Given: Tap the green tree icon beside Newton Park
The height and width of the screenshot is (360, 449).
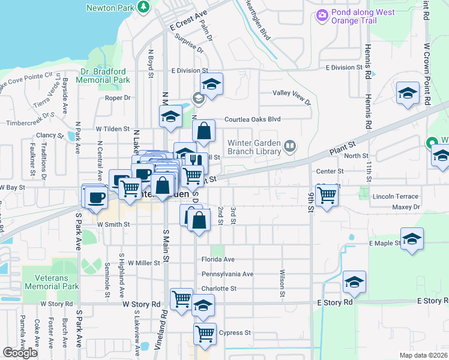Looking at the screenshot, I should (x=143, y=7).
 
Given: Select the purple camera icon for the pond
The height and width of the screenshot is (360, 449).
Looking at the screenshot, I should (x=322, y=15).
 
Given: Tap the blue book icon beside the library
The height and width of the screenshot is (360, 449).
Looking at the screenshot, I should (x=291, y=146).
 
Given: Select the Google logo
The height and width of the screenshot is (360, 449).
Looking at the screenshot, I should (x=20, y=353).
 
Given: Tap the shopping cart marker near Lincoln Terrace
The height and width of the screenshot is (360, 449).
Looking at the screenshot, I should (x=327, y=194).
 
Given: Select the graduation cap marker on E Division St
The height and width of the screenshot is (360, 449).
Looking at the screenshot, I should (x=211, y=85).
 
